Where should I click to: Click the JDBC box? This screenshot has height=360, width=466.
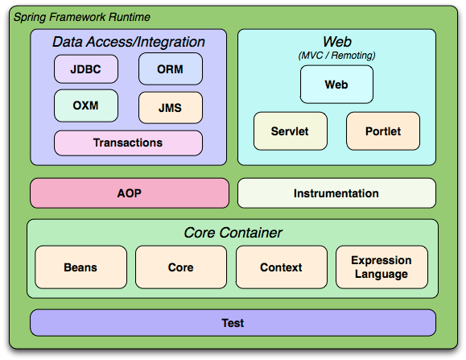pos(86,69)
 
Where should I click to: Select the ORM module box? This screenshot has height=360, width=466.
pos(171,69)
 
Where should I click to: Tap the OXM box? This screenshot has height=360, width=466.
pos(86,106)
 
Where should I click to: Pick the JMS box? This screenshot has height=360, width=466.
pos(171,108)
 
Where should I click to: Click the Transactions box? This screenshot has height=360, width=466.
pos(128,143)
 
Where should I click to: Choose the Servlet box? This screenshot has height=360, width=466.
pos(290,131)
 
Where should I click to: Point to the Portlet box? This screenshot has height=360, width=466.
pos(383,131)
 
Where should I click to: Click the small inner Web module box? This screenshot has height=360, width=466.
pos(336,85)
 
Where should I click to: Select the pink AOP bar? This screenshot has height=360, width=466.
pos(130,193)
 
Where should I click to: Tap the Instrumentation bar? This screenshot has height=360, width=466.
pos(336,193)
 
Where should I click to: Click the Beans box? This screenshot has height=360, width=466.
pos(80,267)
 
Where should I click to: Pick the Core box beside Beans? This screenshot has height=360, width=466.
pos(181,267)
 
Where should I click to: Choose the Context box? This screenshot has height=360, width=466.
pos(281,267)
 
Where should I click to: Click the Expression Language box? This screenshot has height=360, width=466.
pos(381,267)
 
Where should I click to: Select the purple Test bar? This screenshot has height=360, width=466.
pos(233,323)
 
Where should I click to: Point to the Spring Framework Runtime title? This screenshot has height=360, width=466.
pos(82,17)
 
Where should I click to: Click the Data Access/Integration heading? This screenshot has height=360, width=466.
pos(129,42)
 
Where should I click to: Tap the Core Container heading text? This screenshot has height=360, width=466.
pos(233,233)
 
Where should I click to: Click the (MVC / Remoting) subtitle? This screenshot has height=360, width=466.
pos(336,56)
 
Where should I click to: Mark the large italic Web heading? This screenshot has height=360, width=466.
pos(337,42)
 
